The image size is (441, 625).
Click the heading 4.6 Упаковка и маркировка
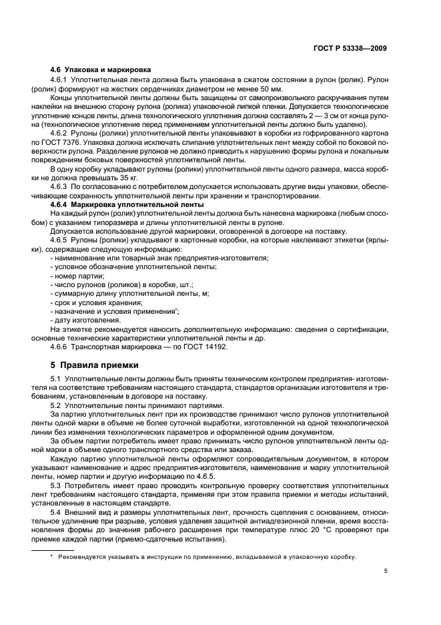[100, 69]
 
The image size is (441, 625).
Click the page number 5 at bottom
[386, 571]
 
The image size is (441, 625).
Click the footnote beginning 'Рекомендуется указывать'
[207, 556]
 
